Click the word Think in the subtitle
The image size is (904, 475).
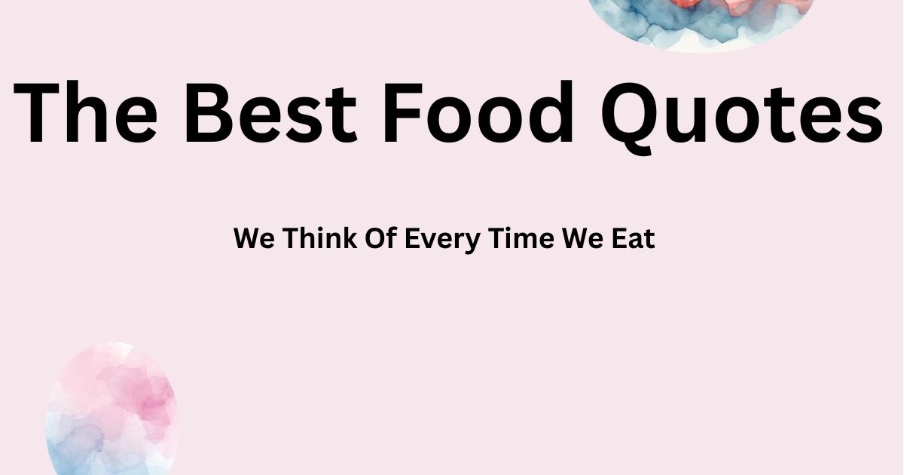pyautogui.click(x=316, y=239)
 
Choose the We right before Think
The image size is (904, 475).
pyautogui.click(x=252, y=239)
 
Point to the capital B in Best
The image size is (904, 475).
pyautogui.click(x=212, y=113)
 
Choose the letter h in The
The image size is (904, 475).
pyautogui.click(x=87, y=113)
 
